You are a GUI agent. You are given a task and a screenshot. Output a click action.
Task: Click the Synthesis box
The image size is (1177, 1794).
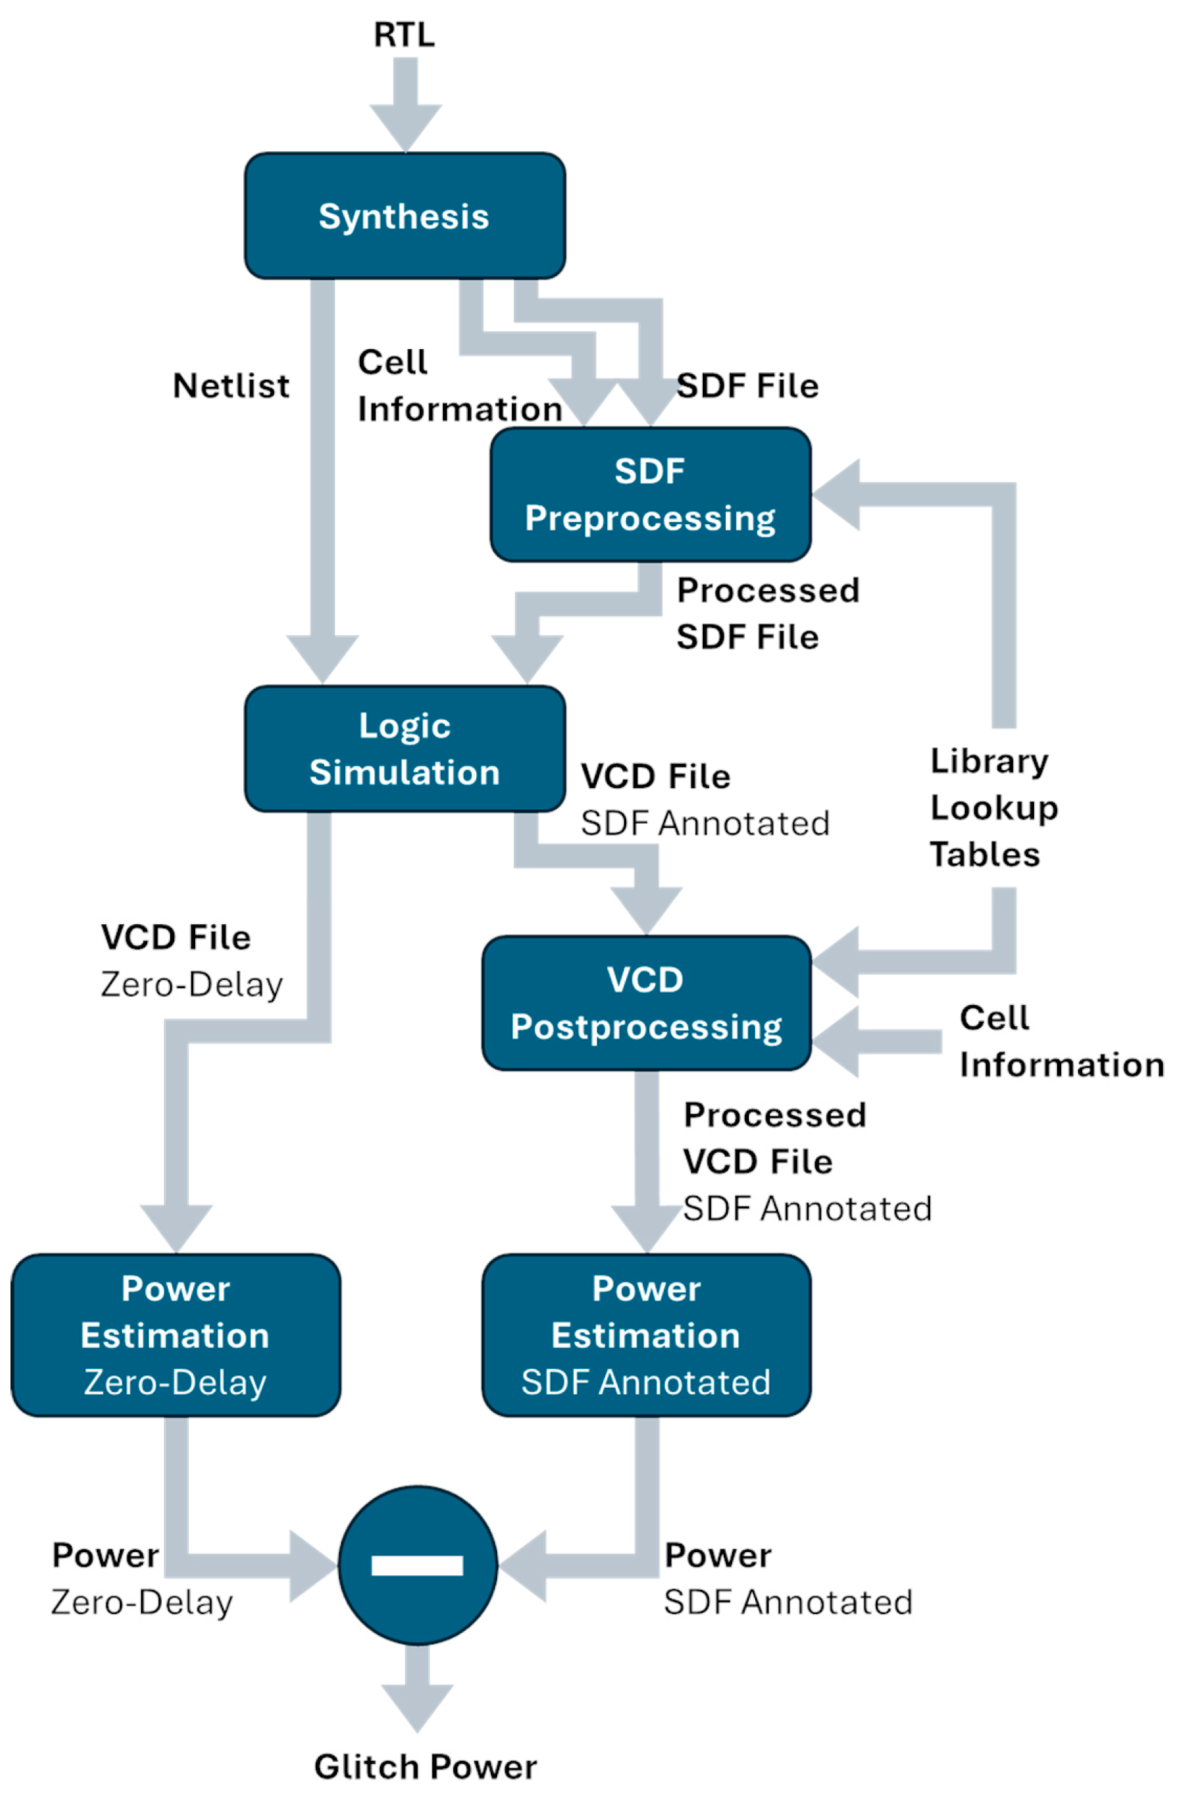point(405,216)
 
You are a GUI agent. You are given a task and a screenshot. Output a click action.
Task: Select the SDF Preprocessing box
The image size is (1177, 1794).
point(650,494)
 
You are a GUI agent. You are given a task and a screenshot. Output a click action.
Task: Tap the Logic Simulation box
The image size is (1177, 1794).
point(405,749)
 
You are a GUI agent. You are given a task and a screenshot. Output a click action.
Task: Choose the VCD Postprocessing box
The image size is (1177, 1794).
point(646,1003)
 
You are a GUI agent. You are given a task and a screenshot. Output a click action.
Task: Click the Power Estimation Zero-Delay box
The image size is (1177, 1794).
point(176,1335)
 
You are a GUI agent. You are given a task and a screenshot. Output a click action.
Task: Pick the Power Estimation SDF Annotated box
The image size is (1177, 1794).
point(646,1335)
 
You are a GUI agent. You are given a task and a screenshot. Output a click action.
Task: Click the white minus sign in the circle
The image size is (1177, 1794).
point(417,1565)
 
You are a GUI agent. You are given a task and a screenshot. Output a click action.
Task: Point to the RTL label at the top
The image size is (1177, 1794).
point(404,35)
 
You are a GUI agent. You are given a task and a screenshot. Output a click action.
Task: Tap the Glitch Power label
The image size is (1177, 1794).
point(425,1767)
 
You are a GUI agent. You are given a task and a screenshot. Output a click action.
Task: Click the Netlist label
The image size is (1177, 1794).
point(231,386)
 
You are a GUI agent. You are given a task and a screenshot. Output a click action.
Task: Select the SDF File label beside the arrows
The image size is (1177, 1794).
point(747,386)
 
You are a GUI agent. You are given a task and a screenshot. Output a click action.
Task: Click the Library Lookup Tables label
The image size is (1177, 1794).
point(992,807)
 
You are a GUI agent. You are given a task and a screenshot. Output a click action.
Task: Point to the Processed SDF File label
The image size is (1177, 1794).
point(767,613)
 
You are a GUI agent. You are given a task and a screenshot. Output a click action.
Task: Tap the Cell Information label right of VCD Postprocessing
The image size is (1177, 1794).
point(1061,1042)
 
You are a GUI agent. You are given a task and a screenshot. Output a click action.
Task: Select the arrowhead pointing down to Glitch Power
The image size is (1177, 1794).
point(417,1707)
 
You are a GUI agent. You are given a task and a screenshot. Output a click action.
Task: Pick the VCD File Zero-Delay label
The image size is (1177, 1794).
point(192,960)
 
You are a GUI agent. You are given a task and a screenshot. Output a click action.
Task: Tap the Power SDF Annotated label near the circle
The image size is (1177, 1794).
point(788,1579)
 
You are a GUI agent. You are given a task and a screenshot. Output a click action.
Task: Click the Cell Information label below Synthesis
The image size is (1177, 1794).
point(460,386)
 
